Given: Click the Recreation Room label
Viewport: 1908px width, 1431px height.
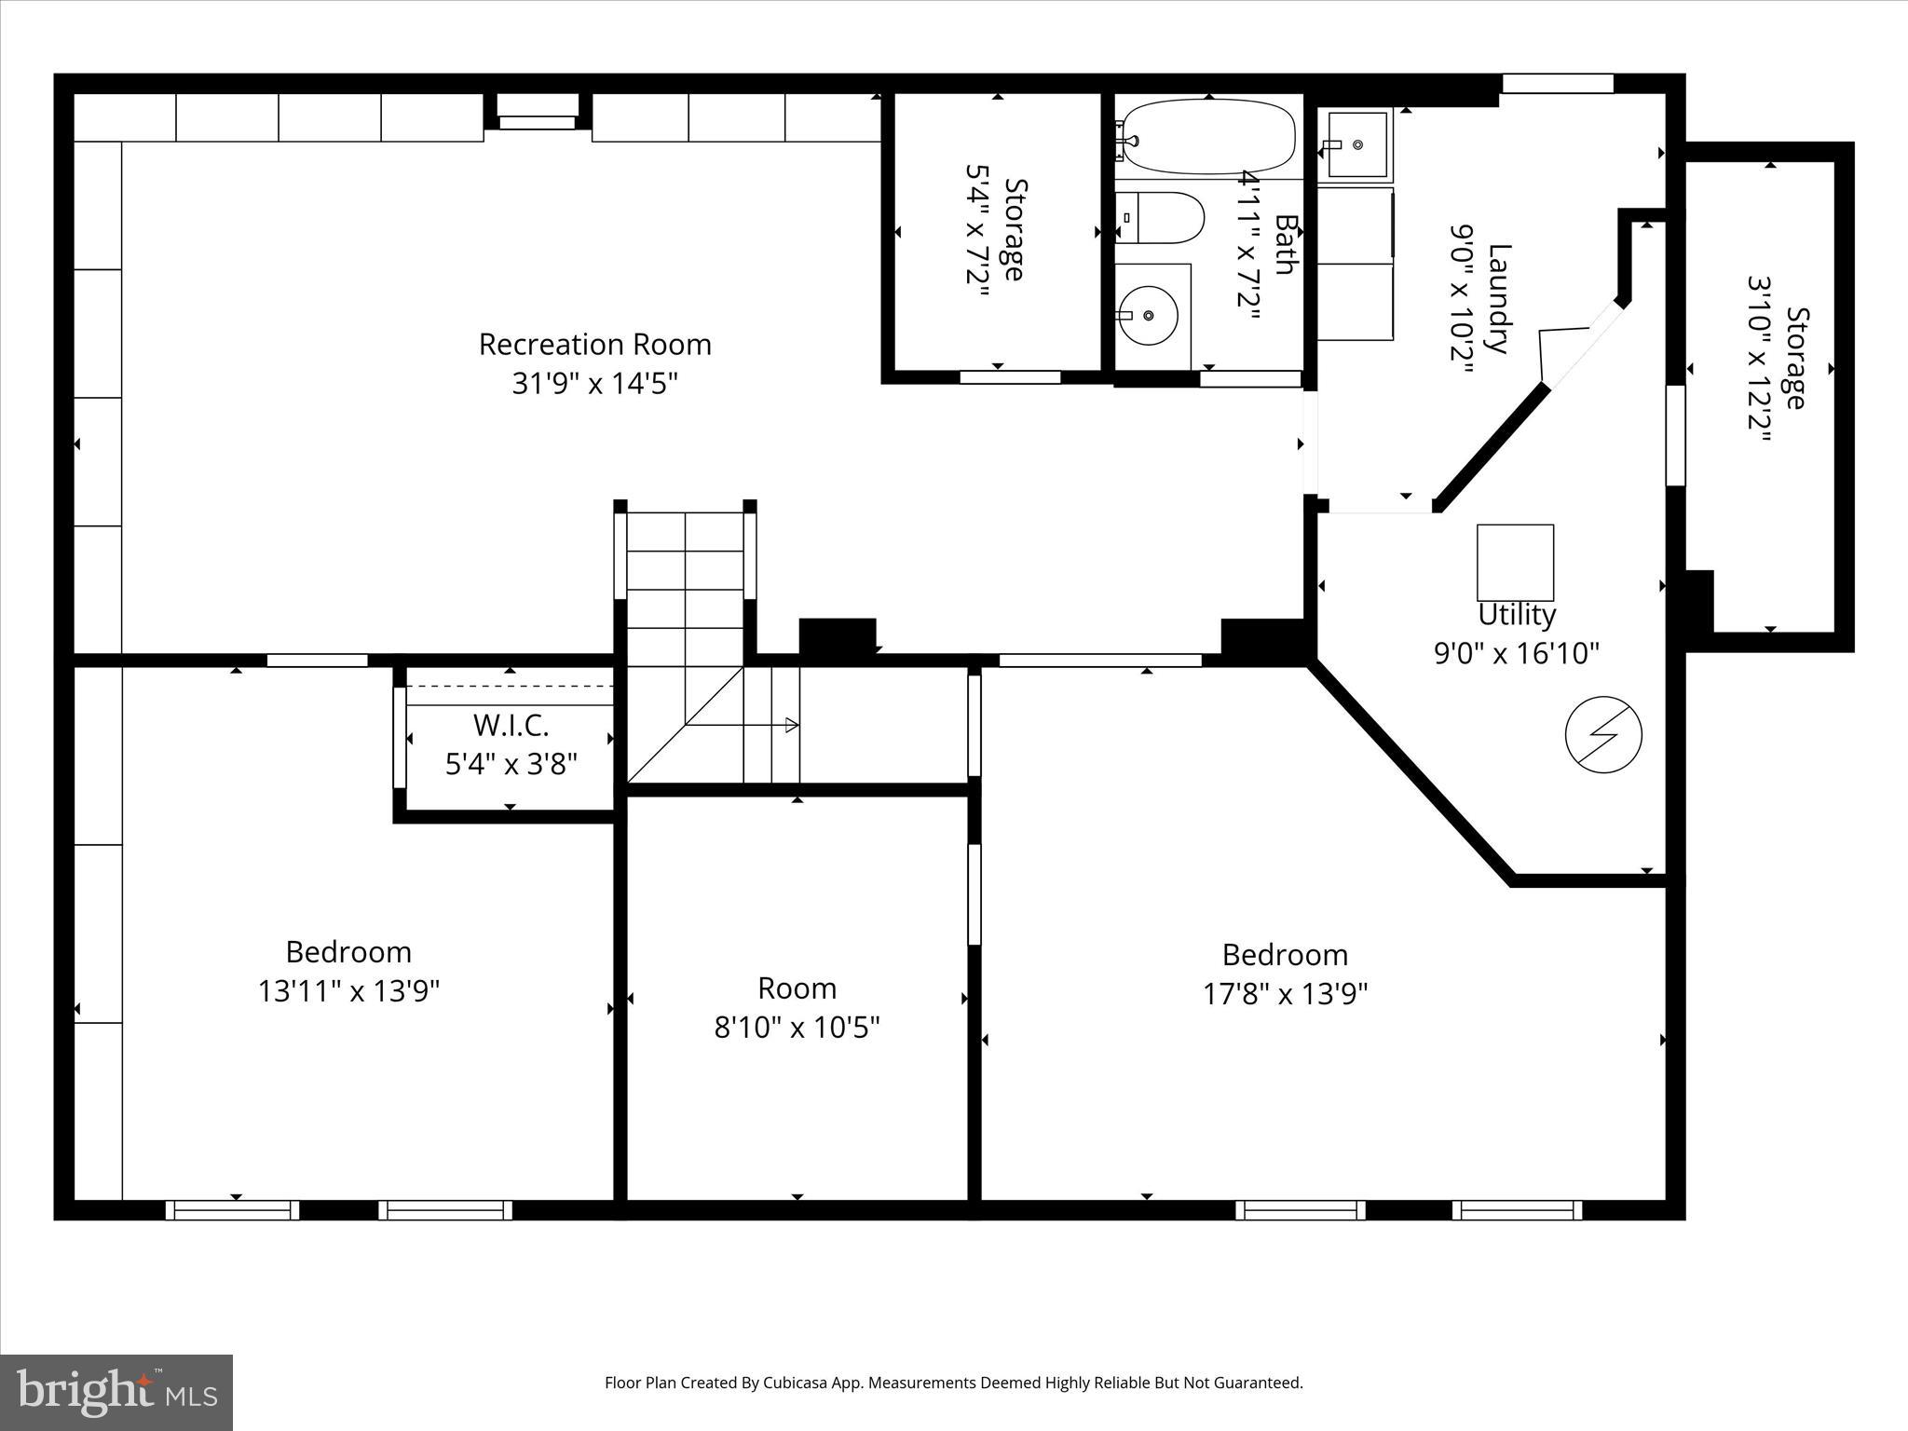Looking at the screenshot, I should [x=594, y=345].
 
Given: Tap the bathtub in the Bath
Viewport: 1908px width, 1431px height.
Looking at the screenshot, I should [x=1208, y=139].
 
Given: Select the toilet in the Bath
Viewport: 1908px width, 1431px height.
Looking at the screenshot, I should [x=1159, y=218].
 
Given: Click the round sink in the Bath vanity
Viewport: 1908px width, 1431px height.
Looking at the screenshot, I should [x=1149, y=316].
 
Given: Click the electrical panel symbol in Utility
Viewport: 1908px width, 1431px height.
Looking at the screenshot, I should [x=1603, y=735].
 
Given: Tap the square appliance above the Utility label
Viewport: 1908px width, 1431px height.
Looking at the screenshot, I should [x=1515, y=563].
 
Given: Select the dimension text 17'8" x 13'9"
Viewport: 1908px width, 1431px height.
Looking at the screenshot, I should [x=1285, y=995].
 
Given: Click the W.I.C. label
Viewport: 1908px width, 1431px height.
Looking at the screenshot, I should [x=511, y=725].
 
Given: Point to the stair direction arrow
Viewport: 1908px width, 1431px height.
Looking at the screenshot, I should [x=790, y=725].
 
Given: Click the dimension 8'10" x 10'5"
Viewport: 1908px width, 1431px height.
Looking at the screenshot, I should [x=797, y=1028].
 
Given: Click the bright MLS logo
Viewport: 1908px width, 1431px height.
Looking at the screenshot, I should [x=116, y=1392].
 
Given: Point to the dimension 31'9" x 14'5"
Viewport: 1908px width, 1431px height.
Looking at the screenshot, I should [x=594, y=384].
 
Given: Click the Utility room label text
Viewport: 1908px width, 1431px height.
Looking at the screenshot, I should [x=1516, y=615].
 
